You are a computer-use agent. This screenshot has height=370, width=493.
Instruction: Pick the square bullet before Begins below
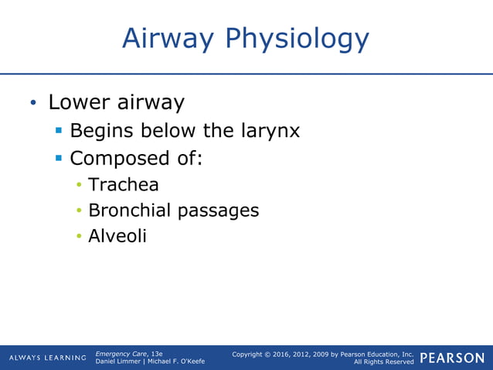point(59,131)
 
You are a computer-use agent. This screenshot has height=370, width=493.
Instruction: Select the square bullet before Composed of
point(59,158)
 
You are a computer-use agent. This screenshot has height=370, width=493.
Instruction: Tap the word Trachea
point(124,185)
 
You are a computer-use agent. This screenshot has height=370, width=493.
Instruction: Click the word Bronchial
point(130,210)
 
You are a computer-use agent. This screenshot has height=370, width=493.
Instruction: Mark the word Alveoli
point(117,235)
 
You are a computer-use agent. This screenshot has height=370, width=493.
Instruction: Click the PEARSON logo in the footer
point(452,358)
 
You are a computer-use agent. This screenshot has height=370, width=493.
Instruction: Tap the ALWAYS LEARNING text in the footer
point(47,358)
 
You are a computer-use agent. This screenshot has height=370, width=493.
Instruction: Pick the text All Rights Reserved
point(383,362)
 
